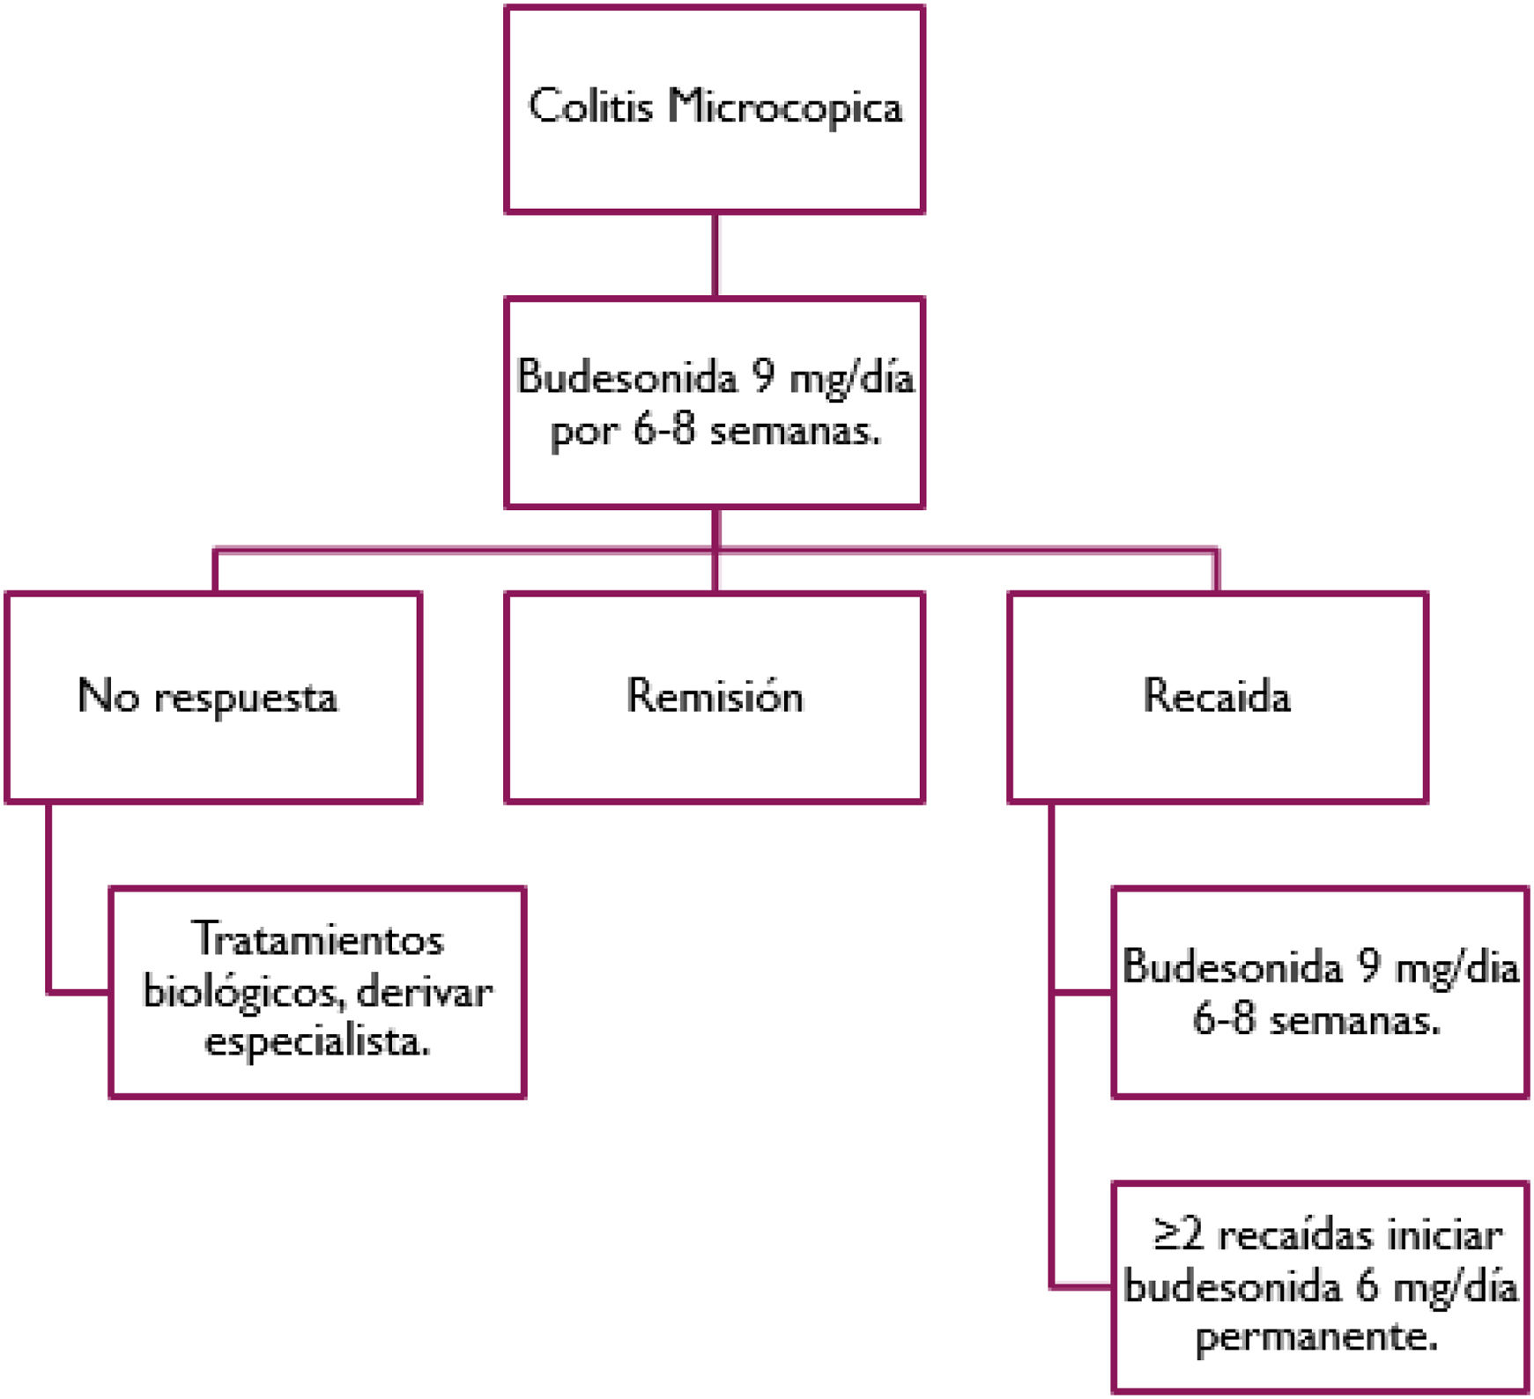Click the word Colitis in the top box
590,107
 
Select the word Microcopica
785,107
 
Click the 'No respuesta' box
213,697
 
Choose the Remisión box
715,697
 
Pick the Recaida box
1217,697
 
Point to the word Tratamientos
318,939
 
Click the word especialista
317,1042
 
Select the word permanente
1316,1337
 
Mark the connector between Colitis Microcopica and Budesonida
715,255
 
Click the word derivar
425,992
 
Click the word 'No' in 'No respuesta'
107,697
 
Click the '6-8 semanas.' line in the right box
1316,1020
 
